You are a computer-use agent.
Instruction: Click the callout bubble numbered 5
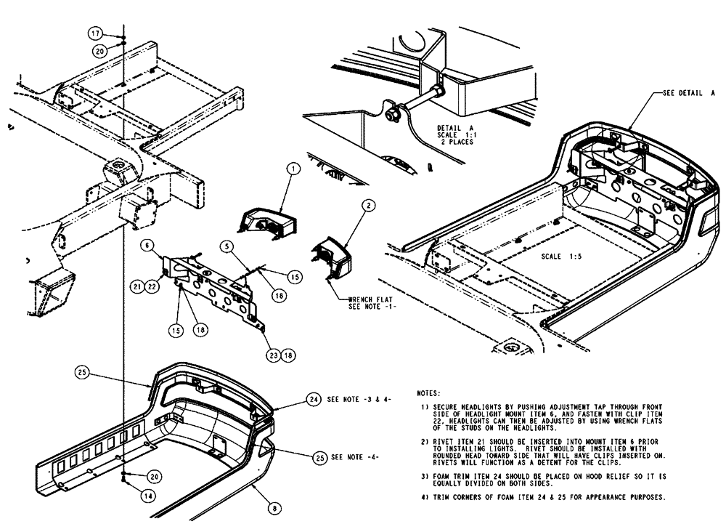(227, 246)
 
